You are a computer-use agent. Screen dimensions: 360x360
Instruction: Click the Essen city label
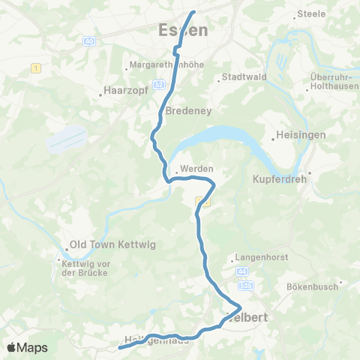point(184,30)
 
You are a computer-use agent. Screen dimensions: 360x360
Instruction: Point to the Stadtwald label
point(241,76)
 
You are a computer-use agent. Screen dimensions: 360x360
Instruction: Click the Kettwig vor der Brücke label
point(82,266)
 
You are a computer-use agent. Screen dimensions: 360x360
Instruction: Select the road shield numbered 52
point(159,85)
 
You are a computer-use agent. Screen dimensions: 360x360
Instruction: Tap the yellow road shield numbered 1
point(34,69)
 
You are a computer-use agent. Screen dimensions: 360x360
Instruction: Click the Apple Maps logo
point(27,347)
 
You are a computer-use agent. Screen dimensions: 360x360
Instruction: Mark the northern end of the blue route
point(193,12)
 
